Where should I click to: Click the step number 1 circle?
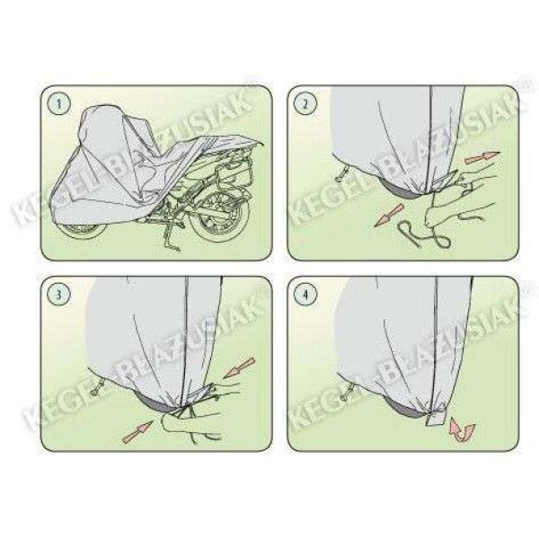point(60,106)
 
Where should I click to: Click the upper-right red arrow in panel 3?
point(240,368)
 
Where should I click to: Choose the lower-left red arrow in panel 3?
point(138,430)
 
